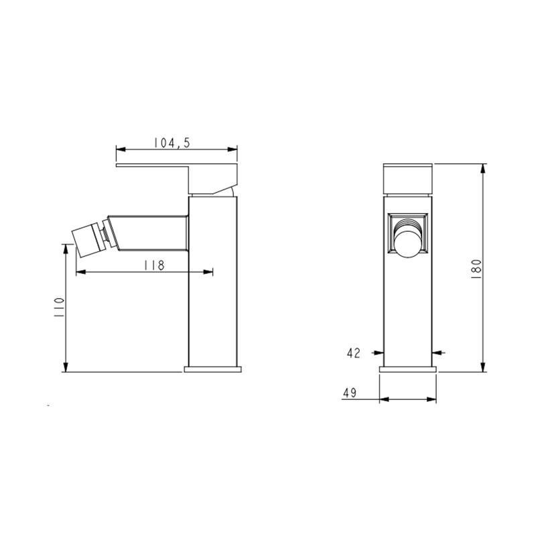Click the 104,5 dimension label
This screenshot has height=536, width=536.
click(172, 142)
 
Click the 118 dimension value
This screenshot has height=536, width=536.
click(155, 265)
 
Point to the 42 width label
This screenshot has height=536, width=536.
click(354, 352)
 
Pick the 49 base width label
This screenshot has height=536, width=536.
click(349, 393)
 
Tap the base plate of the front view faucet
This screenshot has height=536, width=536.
click(408, 368)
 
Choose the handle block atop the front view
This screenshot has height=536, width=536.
click(408, 178)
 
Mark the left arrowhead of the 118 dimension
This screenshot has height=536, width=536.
click(80, 272)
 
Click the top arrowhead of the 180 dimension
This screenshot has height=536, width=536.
click(484, 167)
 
